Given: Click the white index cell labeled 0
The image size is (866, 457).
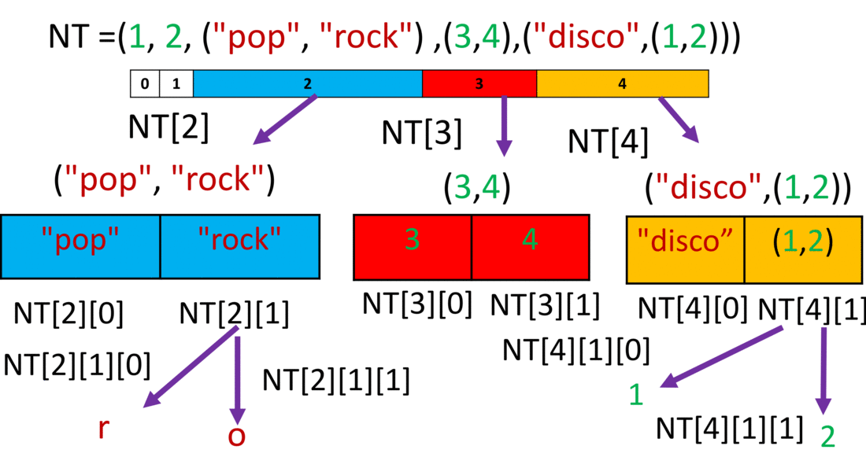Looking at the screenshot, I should pos(145,83).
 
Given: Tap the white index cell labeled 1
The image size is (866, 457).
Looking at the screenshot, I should pos(176,83).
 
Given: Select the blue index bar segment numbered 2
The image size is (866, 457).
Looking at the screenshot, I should pos(308,83).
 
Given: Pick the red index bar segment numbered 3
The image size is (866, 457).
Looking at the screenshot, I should pos(479,83).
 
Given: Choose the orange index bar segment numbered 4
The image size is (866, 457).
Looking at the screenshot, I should pos(623,83).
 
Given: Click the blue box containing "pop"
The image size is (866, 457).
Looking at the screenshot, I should pos(80,245).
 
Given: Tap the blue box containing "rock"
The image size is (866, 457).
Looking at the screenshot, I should pos(240,245).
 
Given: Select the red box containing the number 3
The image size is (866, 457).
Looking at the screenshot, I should pos(413,245).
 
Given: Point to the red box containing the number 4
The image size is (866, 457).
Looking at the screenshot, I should pos(531,245).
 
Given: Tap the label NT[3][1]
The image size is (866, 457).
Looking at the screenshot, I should pos(545,304).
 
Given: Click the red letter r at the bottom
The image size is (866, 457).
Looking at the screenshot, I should pos(103,429).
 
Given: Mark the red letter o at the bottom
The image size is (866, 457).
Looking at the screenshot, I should pos(236,435).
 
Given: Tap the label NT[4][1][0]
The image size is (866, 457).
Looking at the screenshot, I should pos(576,350).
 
